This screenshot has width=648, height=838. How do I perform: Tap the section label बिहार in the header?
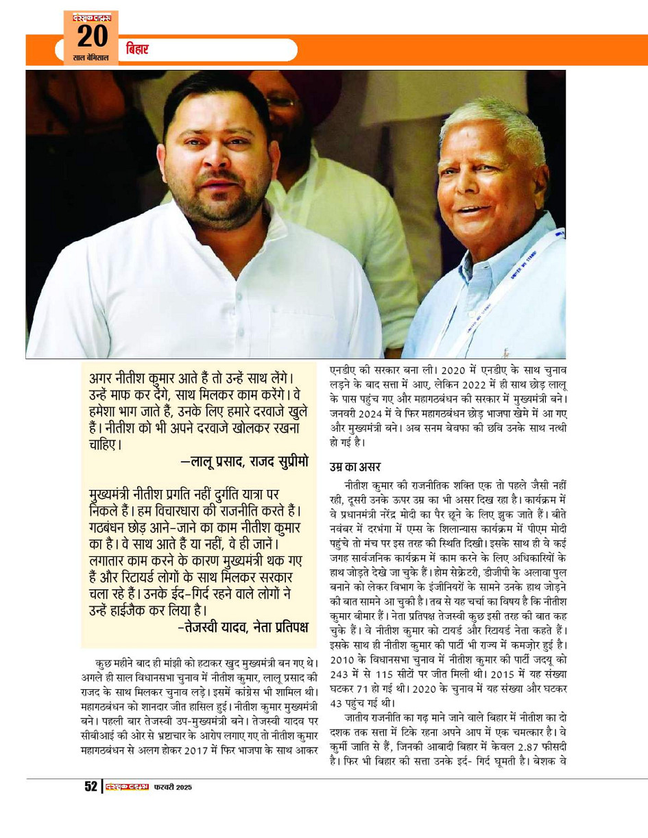137,50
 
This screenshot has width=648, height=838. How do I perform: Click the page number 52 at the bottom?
91,787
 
